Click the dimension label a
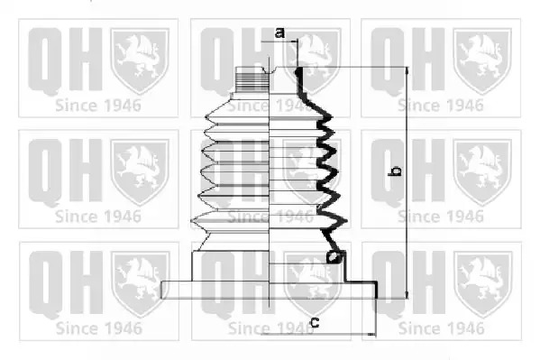coord(279,32)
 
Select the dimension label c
coord(315,322)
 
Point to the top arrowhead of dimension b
coord(407,70)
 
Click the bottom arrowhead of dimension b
coord(407,294)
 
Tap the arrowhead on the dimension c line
coord(372,334)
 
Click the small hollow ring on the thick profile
coord(333,256)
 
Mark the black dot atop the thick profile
coord(297,71)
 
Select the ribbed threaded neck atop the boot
coord(252,79)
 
